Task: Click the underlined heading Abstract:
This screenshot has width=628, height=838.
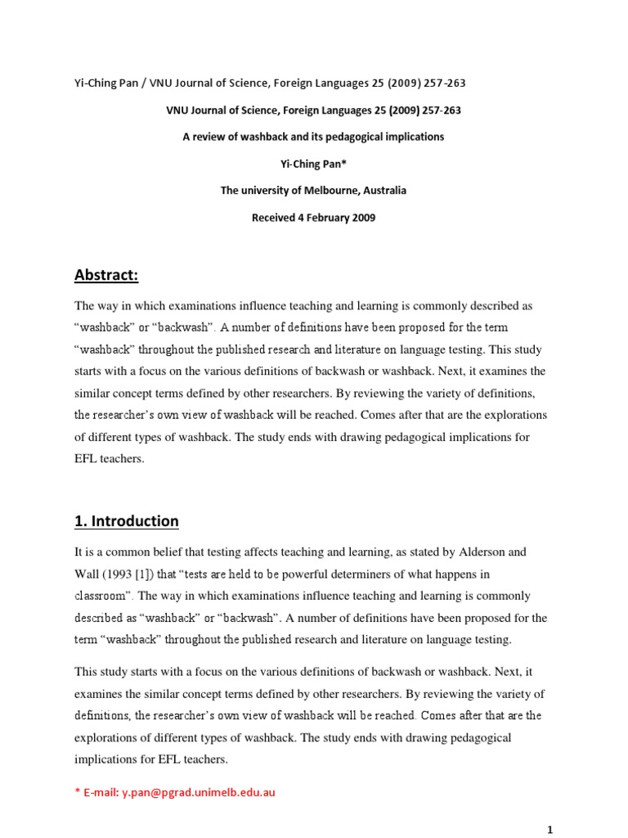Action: click(107, 276)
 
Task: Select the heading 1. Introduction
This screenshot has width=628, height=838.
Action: click(127, 521)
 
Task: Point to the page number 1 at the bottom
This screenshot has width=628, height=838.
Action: click(550, 829)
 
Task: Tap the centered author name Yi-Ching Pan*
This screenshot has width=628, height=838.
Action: click(313, 164)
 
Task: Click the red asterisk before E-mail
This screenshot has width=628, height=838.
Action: click(77, 792)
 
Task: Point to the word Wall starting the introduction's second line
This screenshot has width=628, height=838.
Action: click(87, 574)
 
